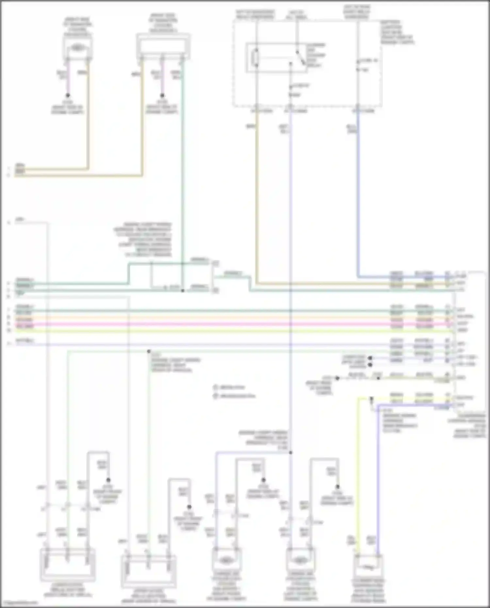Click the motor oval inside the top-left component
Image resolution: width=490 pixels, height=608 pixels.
[77, 48]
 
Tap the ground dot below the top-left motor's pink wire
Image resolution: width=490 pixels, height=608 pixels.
[68, 95]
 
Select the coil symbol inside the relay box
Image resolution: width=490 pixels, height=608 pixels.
[256, 58]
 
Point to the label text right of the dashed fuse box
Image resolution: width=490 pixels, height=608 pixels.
[397, 32]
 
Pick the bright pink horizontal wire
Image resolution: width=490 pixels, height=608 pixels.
[229, 324]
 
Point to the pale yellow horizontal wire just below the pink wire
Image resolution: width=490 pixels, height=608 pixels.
[229, 331]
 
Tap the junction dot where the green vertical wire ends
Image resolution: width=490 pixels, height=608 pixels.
[183, 290]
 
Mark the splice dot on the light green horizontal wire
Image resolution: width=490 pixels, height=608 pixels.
[149, 352]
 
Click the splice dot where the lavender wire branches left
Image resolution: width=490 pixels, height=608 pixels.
[290, 452]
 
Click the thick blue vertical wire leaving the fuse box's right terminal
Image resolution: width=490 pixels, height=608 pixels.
[358, 196]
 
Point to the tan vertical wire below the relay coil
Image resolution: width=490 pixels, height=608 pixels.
[256, 196]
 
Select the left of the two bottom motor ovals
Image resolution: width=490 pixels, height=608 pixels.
[226, 561]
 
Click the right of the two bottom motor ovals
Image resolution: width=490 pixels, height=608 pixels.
[300, 561]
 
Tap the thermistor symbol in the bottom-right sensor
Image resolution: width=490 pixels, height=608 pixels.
[368, 568]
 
